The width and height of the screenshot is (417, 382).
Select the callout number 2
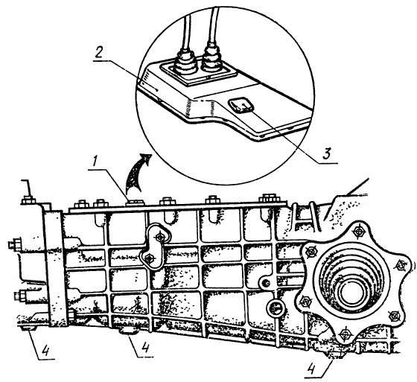click(x=98, y=53)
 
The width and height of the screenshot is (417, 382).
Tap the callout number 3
click(x=327, y=153)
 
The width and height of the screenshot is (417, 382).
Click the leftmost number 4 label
click(x=45, y=350)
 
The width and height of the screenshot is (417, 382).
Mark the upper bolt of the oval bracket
click(x=160, y=236)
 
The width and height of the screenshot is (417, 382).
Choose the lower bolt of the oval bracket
click(x=150, y=257)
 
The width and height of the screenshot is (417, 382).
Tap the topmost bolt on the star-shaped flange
click(x=359, y=232)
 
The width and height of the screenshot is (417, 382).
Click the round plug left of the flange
click(x=275, y=308)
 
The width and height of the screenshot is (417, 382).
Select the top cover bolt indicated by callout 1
click(x=136, y=203)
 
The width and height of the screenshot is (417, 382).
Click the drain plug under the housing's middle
click(x=130, y=331)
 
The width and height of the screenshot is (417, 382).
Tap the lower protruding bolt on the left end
click(x=20, y=296)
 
